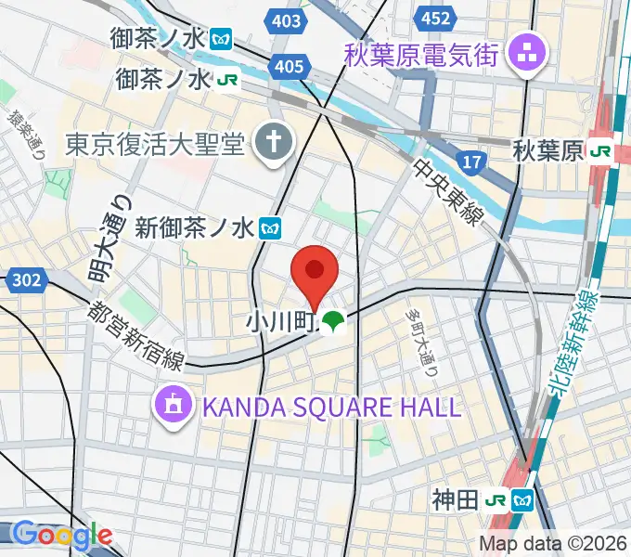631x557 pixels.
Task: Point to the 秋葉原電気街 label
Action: pyautogui.click(x=421, y=52)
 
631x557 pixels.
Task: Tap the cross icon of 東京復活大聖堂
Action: pyautogui.click(x=276, y=144)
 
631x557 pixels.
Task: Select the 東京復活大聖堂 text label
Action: pyautogui.click(x=155, y=144)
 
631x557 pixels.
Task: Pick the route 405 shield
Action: pyautogui.click(x=290, y=65)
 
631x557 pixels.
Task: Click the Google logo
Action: pyautogui.click(x=62, y=535)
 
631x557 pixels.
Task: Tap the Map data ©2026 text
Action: pyautogui.click(x=554, y=543)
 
